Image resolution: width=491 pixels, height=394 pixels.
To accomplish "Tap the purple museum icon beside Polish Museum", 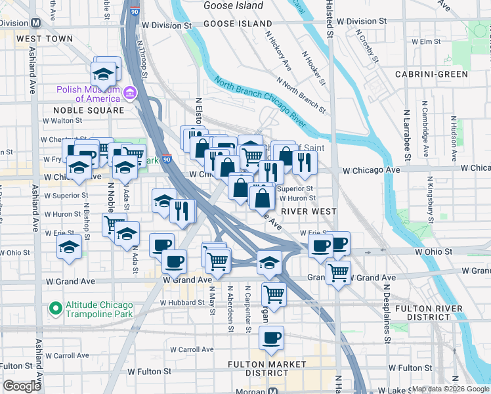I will click(x=130, y=93).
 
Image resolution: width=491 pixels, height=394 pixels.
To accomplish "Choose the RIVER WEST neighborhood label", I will click(x=309, y=211).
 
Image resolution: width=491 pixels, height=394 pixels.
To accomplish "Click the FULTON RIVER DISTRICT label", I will click(x=434, y=312).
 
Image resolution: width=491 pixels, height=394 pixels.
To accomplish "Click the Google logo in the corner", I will click(x=22, y=386).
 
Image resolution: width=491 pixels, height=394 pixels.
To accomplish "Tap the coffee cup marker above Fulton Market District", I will click(x=270, y=339).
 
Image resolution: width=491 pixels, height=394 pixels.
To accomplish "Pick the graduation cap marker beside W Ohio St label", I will click(x=68, y=248).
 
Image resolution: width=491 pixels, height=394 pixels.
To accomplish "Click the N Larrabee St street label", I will click(x=407, y=135).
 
